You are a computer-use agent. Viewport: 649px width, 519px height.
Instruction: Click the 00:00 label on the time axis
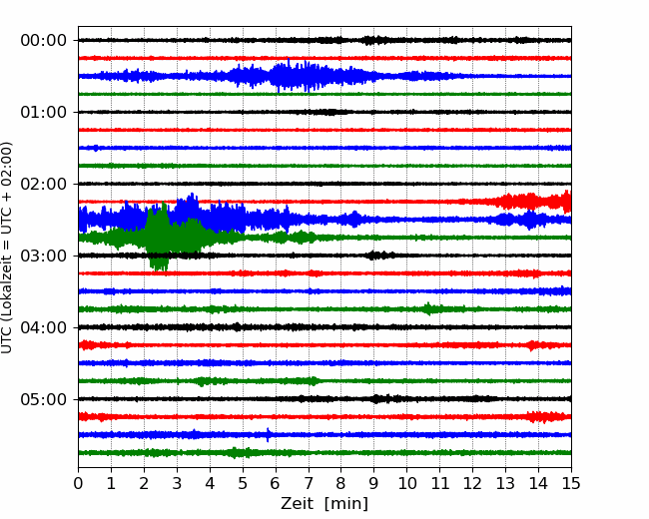(44, 41)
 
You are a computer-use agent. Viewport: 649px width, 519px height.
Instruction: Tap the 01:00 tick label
(44, 112)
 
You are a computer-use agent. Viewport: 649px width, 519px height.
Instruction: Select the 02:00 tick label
(44, 184)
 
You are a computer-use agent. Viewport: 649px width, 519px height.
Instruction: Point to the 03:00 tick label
(44, 256)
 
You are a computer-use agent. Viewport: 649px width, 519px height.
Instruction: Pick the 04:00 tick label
(44, 327)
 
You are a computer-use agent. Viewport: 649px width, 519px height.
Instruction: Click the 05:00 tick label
(44, 399)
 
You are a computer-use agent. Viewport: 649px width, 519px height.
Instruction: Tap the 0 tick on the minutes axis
(78, 483)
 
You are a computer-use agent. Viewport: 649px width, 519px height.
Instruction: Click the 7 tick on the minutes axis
(308, 483)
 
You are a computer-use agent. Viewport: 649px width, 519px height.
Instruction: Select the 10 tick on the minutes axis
(406, 483)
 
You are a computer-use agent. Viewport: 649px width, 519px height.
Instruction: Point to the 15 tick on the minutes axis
(571, 483)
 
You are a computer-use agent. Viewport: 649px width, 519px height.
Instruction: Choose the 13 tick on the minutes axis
(505, 483)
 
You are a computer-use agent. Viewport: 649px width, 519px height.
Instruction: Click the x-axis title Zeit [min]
(324, 504)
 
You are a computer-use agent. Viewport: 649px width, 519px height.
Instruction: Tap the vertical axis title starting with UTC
(7, 248)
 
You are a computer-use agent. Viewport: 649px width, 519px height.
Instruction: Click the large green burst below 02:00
(158, 237)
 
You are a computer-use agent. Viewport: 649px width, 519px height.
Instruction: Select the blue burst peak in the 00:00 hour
(295, 76)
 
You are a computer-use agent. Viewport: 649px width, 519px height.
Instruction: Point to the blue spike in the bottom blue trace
(269, 434)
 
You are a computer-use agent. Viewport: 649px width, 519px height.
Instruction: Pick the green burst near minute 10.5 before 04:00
(428, 308)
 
